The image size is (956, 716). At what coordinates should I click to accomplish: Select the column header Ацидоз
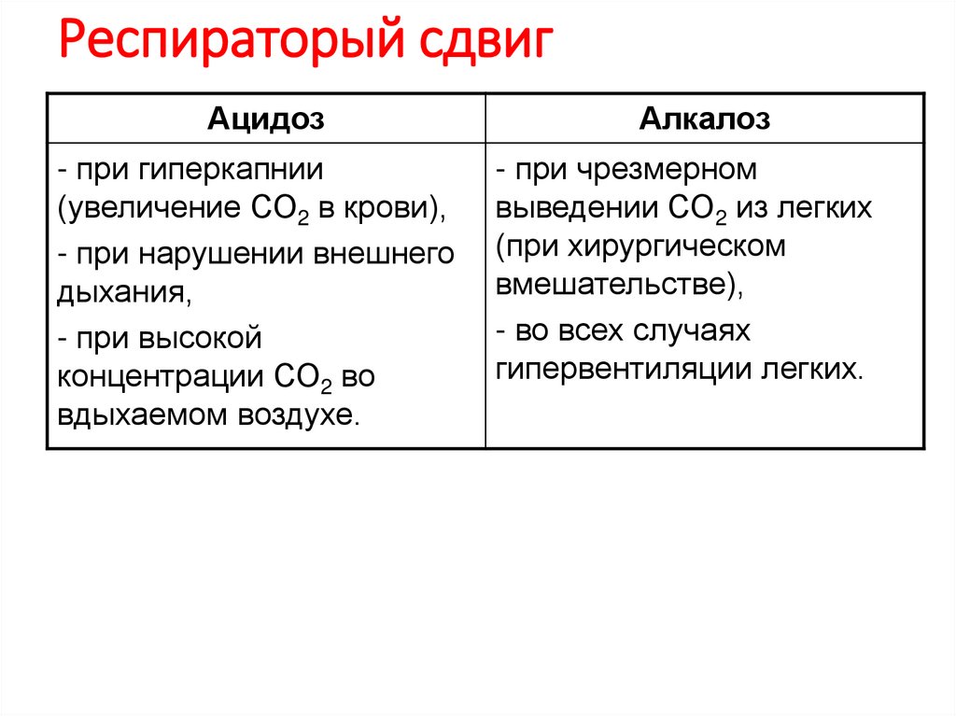click(x=265, y=119)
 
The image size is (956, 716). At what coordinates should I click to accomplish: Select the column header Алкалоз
click(x=705, y=119)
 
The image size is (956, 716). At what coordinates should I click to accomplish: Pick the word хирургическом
click(x=691, y=246)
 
